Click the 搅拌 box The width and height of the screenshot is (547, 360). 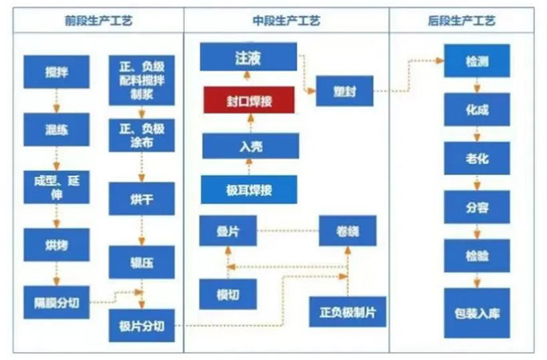pyautogui.click(x=56, y=72)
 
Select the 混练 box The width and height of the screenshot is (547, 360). pyautogui.click(x=56, y=130)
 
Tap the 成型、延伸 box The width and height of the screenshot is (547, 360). pyautogui.click(x=56, y=187)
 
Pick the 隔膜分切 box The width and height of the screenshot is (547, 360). pyautogui.click(x=56, y=302)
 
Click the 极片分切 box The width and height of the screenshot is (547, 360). pyautogui.click(x=142, y=326)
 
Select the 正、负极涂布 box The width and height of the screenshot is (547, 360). pyautogui.click(x=142, y=135)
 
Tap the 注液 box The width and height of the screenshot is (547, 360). pyautogui.click(x=248, y=58)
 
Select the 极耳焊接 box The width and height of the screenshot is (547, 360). pyautogui.click(x=250, y=190)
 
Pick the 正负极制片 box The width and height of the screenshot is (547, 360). pyautogui.click(x=347, y=311)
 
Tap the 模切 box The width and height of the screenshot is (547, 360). pyautogui.click(x=228, y=294)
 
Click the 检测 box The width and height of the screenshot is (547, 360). pyautogui.click(x=477, y=62)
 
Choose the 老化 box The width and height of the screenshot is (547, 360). pyautogui.click(x=477, y=159)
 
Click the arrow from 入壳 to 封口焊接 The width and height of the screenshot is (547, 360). pyautogui.click(x=250, y=123)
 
